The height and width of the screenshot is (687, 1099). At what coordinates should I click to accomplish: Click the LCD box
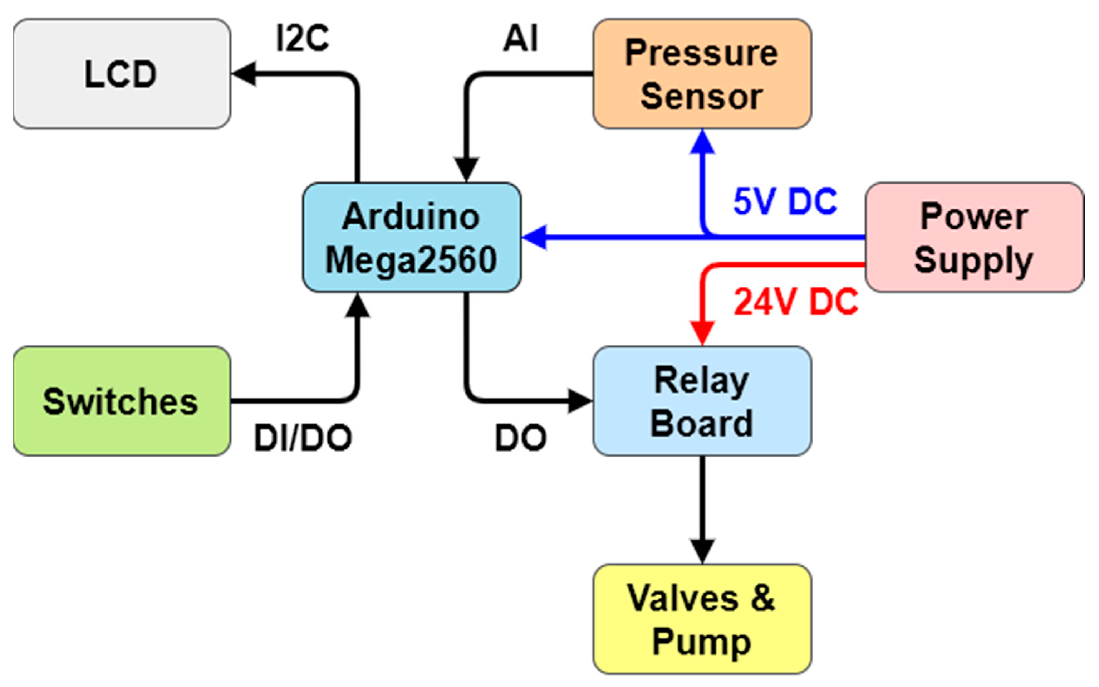coord(121,74)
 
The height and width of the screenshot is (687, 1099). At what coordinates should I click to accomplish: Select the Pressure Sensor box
coord(702,74)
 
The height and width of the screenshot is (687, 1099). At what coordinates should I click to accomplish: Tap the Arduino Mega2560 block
coord(411,237)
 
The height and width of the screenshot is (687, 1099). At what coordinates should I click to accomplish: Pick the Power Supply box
coord(974,237)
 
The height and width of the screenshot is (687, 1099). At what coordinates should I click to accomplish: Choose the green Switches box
coord(121,401)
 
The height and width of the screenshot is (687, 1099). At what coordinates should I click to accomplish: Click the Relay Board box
coord(702,401)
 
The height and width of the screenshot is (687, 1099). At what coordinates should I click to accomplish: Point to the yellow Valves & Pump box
coord(702,619)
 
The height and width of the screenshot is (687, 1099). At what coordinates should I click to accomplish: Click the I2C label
coord(303,38)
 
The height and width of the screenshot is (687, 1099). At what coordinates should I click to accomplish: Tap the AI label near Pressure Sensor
coord(520,38)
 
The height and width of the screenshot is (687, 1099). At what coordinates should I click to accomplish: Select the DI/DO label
coord(303,438)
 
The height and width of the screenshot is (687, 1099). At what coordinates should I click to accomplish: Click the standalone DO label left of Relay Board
coord(520,438)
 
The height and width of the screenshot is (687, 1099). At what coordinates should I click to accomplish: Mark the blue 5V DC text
coord(785,201)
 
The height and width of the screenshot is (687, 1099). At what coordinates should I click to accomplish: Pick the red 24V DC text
coord(796,302)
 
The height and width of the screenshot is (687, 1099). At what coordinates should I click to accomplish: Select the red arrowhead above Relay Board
coord(702,333)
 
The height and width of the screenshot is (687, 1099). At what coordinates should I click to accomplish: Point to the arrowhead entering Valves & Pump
coord(702,551)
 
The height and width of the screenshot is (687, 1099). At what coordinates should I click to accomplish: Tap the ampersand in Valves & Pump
coord(762,598)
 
